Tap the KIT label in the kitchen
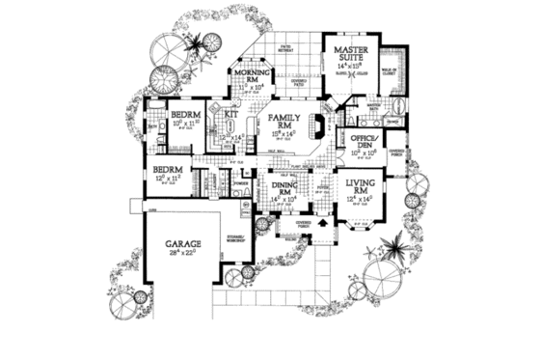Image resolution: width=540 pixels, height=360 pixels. click(x=231, y=115)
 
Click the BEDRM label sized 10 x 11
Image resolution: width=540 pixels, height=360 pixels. click(x=183, y=114)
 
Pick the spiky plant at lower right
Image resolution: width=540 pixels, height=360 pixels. click(x=392, y=250)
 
